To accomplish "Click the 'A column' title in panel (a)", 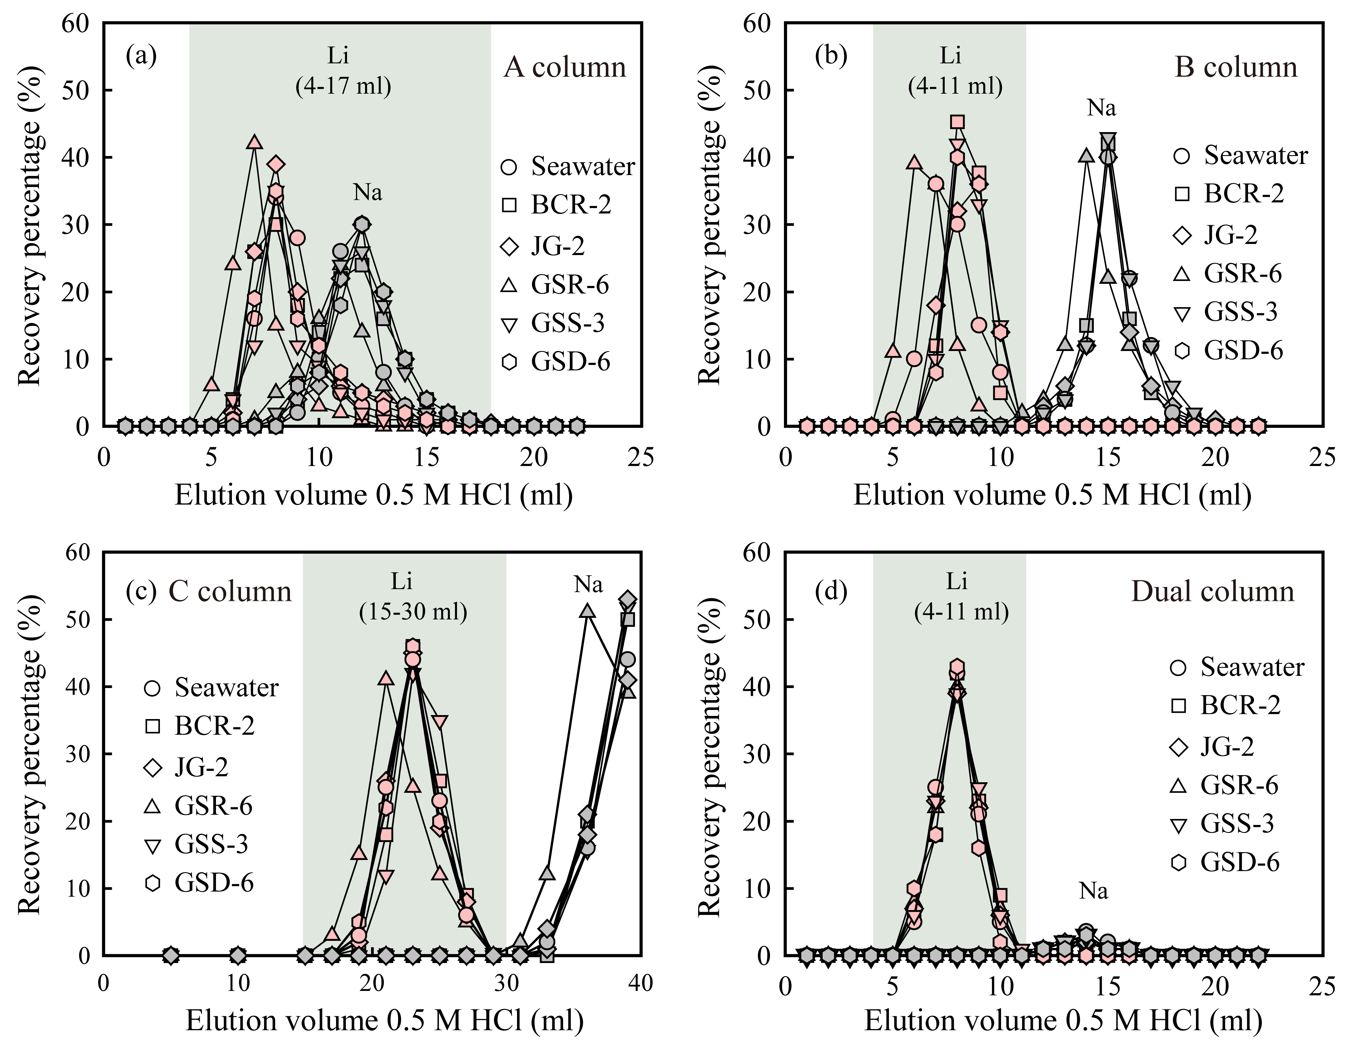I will point(565,67).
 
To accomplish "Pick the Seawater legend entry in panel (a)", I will point(567,167).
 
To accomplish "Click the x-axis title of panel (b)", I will point(1052,496).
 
